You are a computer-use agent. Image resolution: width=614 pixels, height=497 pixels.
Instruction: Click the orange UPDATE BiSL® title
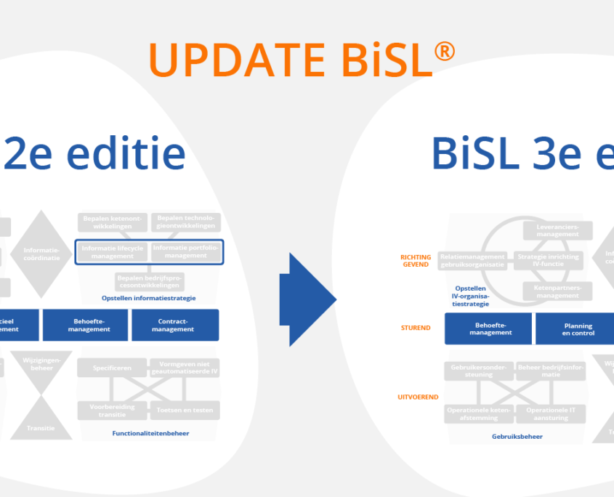(302, 60)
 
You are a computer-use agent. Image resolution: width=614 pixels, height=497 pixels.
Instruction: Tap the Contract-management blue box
(175, 325)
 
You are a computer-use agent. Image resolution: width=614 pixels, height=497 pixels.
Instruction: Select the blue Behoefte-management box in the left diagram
(86, 325)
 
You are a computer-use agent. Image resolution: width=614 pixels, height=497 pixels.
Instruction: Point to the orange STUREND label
(416, 328)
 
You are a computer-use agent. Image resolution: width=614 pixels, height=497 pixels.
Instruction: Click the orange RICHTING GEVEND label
(416, 260)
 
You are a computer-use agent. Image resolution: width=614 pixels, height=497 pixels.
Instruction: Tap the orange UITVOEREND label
(417, 397)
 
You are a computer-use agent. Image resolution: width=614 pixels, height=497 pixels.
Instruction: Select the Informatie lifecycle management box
(112, 252)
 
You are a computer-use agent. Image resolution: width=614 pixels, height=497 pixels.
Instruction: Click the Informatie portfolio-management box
(185, 252)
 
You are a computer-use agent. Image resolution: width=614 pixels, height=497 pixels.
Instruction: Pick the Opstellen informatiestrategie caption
(148, 298)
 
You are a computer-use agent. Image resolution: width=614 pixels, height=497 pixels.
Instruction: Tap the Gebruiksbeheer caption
(517, 437)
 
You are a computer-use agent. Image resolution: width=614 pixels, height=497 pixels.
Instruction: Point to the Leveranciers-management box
(557, 230)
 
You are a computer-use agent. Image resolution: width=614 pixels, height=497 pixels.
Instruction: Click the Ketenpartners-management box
(557, 292)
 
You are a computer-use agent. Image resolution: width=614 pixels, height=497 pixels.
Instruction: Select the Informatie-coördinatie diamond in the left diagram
(41, 254)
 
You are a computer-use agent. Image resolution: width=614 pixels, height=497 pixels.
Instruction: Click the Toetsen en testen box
(185, 411)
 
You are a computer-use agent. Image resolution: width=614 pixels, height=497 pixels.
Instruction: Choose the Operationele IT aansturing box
(551, 414)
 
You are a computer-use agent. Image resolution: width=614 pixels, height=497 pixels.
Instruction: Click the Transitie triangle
(41, 423)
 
